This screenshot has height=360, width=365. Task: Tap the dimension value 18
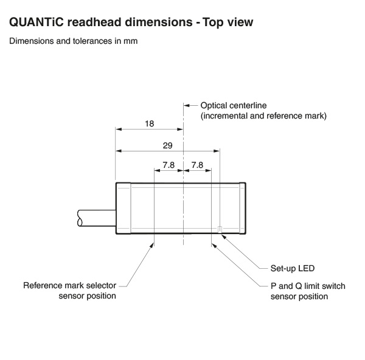coord(150,123)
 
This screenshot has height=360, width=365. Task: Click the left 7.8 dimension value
coord(169,165)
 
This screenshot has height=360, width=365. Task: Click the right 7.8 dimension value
coord(197,165)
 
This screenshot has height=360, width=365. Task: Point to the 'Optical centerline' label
coord(234,105)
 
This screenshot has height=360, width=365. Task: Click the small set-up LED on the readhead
coord(220,229)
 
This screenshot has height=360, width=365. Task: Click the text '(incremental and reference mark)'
coord(263,116)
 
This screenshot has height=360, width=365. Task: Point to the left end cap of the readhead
coord(123,209)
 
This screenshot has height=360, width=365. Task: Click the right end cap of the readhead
coord(242,209)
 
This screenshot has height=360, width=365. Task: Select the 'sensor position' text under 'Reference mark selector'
coord(87,296)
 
